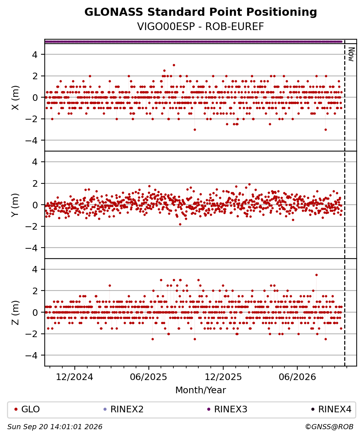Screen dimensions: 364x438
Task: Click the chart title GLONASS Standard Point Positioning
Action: [201, 12]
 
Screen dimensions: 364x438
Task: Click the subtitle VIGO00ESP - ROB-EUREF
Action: [201, 27]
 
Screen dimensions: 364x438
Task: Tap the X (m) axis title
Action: [15, 98]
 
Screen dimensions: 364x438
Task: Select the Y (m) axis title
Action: [15, 205]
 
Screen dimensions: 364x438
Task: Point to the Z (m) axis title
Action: [15, 313]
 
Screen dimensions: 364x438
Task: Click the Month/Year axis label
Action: [201, 390]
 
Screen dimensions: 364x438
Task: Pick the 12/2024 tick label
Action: [74, 377]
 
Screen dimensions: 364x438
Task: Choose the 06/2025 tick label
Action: [148, 377]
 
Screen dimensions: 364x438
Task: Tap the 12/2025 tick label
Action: [223, 377]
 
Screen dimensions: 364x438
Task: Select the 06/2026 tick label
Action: [297, 377]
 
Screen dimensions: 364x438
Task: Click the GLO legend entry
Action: [27, 409]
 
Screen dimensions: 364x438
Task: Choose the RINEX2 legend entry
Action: [124, 409]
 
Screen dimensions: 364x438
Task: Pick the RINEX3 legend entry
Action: [227, 409]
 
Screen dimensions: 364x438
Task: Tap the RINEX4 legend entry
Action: [331, 409]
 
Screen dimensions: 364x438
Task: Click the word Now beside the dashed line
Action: [351, 54]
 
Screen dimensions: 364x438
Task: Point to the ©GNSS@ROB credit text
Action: [330, 427]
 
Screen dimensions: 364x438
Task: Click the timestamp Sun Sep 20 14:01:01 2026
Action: [55, 427]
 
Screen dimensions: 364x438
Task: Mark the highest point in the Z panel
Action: [316, 275]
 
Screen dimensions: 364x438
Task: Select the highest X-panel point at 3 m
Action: [174, 65]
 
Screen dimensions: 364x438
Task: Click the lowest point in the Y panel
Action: [180, 224]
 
